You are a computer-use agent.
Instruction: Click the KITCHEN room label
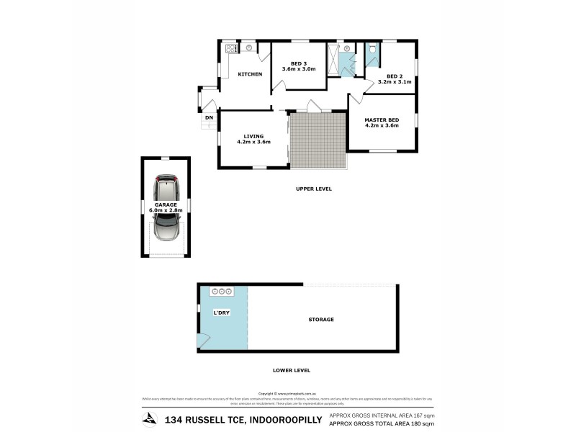(250, 74)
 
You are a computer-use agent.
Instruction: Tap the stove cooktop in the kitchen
(232, 49)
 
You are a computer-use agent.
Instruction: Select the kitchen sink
(248, 48)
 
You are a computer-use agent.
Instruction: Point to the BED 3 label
(299, 63)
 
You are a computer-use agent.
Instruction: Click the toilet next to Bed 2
(372, 50)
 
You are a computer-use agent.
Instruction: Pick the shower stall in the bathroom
(333, 59)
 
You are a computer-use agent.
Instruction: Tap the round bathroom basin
(348, 51)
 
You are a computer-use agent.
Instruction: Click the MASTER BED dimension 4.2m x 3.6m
(382, 126)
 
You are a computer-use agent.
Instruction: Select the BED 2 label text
(395, 76)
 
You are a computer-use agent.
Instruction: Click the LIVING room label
(253, 135)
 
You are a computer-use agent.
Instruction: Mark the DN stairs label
(209, 117)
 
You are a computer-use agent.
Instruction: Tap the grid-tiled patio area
(318, 138)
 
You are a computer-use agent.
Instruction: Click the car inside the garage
(166, 208)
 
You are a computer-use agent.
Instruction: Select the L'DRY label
(220, 313)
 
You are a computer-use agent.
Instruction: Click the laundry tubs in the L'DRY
(221, 292)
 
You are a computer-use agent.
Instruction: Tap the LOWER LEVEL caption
(292, 370)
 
